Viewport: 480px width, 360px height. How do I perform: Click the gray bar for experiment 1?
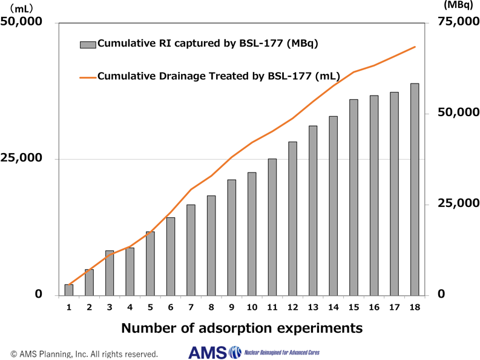pos(69,290)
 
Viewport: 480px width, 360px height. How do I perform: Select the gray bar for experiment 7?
pos(191,250)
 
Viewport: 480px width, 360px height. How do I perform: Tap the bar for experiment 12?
pos(292,218)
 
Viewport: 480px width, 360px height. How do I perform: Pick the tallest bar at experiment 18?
pos(415,189)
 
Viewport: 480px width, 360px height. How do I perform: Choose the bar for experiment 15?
pos(353,197)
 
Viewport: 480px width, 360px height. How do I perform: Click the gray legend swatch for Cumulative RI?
pos(88,44)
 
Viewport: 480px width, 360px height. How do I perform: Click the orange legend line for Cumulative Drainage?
pos(88,77)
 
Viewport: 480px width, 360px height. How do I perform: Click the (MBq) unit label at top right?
pos(458,5)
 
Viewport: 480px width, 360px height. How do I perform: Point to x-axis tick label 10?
pos(252,307)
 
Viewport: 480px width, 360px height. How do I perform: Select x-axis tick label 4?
pos(130,307)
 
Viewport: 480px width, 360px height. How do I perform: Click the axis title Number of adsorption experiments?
pos(242,329)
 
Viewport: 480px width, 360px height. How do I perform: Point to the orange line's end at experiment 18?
pos(415,47)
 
